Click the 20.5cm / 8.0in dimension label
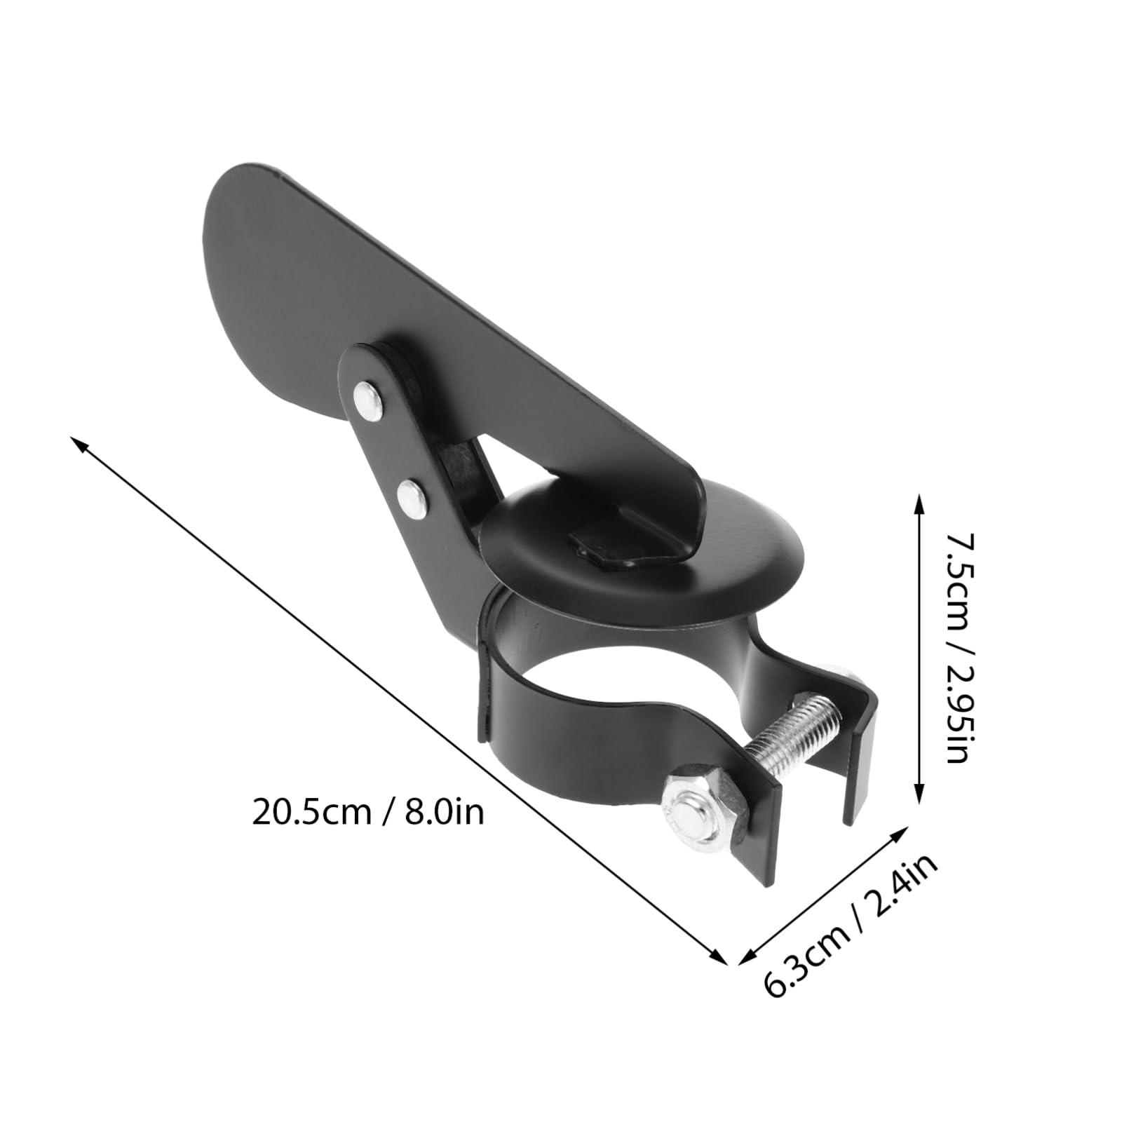367,813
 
